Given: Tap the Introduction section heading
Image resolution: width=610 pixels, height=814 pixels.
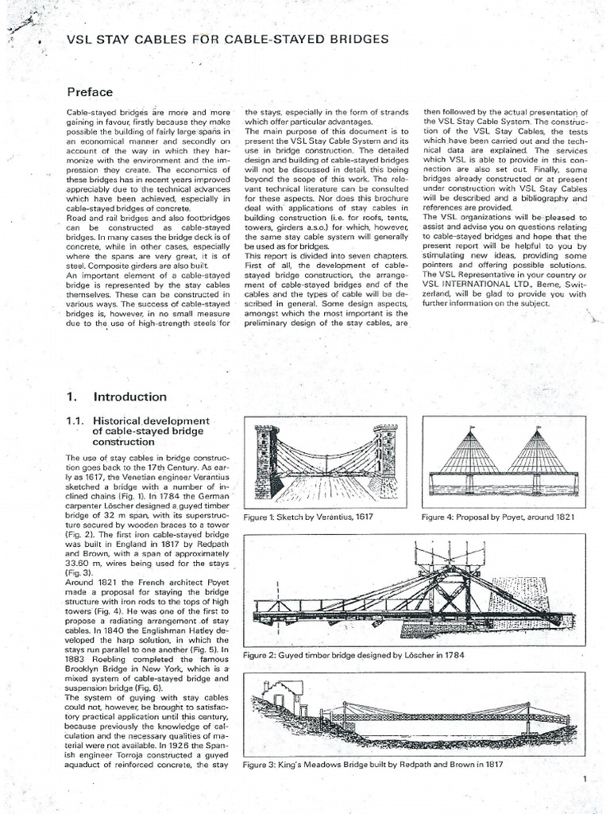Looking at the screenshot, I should (x=130, y=397).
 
